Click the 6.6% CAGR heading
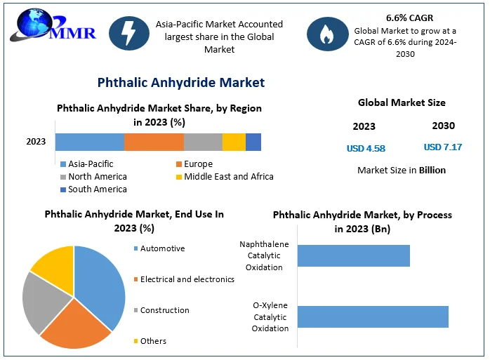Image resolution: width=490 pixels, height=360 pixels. click(410, 17)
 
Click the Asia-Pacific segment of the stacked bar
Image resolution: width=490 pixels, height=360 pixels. click(90, 142)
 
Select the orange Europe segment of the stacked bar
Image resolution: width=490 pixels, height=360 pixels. click(154, 142)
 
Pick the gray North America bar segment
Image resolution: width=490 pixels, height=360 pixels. click(203, 142)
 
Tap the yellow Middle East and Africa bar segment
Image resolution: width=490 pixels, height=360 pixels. click(234, 142)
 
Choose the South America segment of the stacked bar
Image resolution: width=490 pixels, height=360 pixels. click(253, 142)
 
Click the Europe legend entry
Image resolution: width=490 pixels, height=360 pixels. click(197, 164)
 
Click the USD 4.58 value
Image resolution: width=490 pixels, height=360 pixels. click(366, 149)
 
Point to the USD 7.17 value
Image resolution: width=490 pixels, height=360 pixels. click(443, 147)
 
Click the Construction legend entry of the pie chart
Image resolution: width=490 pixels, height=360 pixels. click(164, 310)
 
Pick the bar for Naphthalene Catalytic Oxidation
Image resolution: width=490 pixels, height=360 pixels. click(353, 256)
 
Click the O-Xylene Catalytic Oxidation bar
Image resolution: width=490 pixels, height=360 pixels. click(372, 316)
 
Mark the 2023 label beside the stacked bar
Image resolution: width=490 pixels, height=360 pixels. click(36, 142)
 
